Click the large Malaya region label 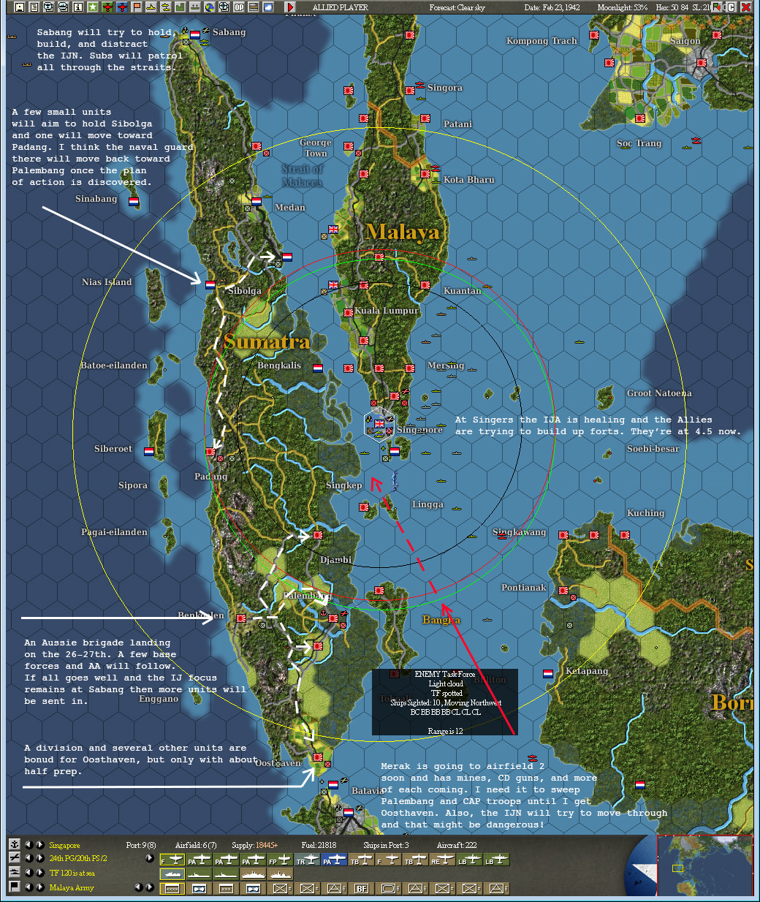point(403,232)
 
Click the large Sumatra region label point(267,342)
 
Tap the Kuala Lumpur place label point(387,311)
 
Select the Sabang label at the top point(229,32)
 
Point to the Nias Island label point(107,282)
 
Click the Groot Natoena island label point(658,393)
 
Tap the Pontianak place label point(523,588)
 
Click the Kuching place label point(645,513)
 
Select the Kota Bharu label point(468,180)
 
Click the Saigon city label point(685,41)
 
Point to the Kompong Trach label point(541,41)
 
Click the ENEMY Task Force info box point(444,702)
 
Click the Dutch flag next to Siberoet point(149,452)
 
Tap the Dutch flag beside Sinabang point(134,201)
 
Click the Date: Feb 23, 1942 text point(552,7)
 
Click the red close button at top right point(746,7)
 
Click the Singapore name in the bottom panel point(64,846)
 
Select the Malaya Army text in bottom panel point(72,888)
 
